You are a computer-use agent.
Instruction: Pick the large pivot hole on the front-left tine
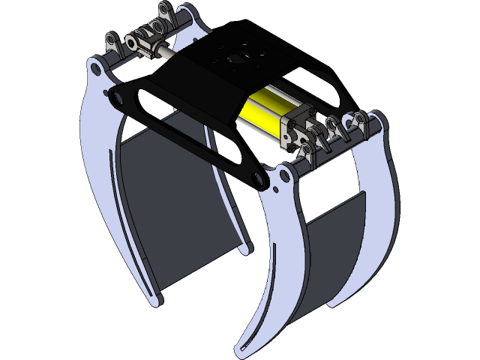[96, 69]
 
